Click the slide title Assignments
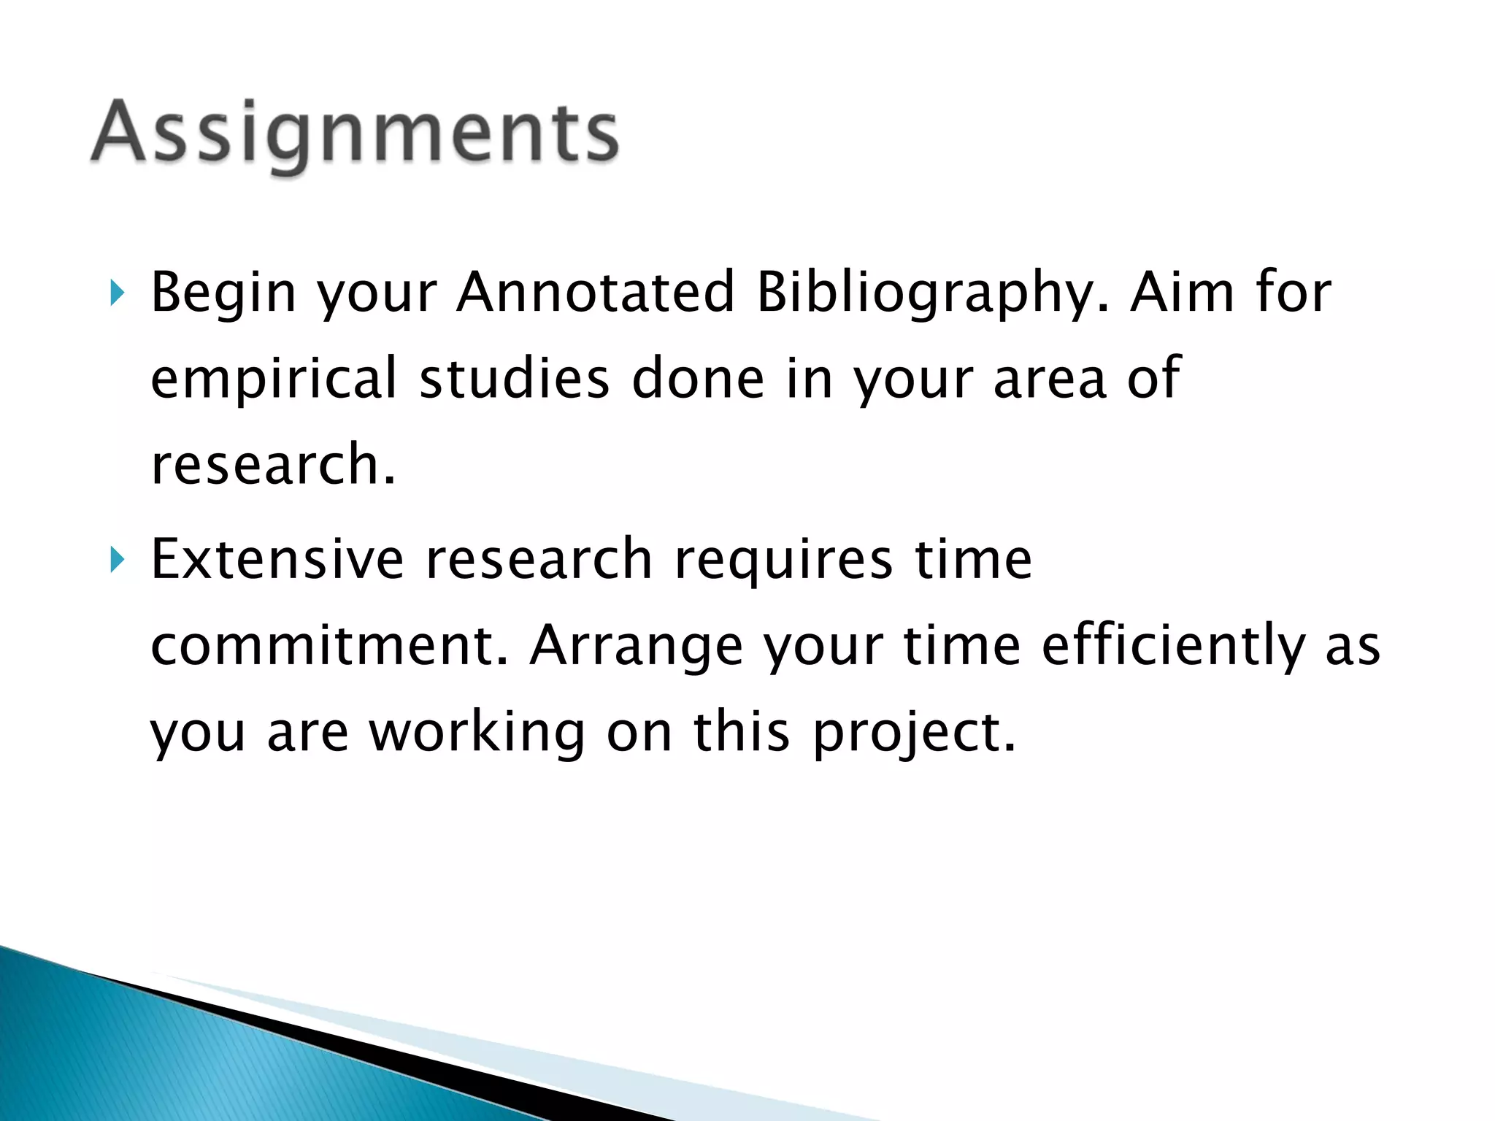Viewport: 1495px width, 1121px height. pyautogui.click(x=355, y=134)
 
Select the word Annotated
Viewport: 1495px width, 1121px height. pyautogui.click(x=595, y=292)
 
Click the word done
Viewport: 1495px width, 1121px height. pyautogui.click(x=697, y=378)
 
